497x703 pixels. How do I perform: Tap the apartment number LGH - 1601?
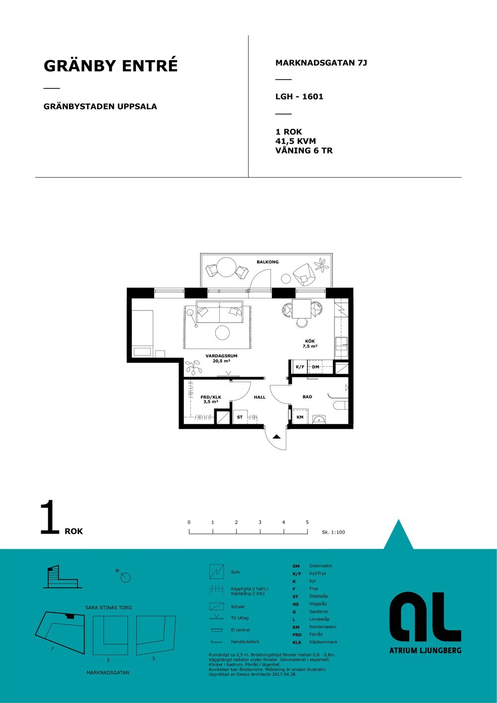coord(299,96)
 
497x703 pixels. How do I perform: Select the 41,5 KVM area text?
coord(295,141)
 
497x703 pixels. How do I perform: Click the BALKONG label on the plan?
coord(267,262)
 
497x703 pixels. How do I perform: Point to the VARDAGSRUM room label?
coord(221,356)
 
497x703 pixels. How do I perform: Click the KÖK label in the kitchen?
coord(310,341)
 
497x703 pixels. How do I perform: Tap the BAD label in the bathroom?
coord(307,396)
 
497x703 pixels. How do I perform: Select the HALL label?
coord(259,397)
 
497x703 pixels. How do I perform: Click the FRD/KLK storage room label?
coord(211,397)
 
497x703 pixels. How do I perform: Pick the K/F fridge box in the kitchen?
coord(300,367)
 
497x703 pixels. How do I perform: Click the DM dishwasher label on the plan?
coord(316,367)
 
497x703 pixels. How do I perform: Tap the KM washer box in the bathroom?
coord(300,417)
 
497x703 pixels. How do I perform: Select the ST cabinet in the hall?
coord(240,417)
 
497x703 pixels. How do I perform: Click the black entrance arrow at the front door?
coord(276,437)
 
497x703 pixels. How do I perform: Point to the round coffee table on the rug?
coord(223,332)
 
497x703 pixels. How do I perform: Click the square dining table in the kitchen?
coord(301,309)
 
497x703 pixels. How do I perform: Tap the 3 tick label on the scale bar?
coord(260,522)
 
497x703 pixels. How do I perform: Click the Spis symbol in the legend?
coord(217,572)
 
